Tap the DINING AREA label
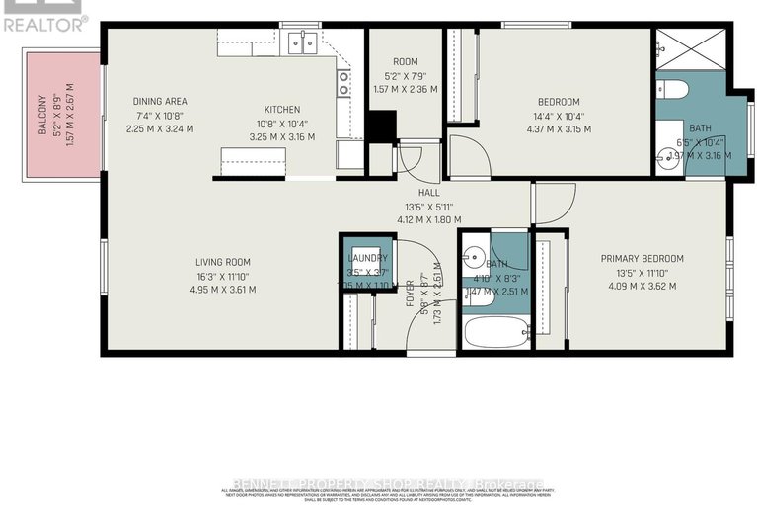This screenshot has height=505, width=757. tap(160, 101)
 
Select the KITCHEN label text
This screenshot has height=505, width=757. tap(281, 110)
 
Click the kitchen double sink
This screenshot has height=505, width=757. tap(302, 42)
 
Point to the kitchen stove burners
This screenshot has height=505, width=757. tap(343, 83)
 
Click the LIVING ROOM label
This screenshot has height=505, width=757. tap(224, 261)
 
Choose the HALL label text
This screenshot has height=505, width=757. tap(428, 192)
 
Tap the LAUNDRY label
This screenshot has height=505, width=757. tap(366, 258)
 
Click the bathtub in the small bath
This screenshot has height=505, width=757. tap(496, 330)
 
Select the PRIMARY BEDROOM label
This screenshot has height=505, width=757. tap(642, 259)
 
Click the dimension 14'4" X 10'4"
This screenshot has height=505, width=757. tap(558, 116)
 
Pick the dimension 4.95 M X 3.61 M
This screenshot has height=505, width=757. tap(225, 290)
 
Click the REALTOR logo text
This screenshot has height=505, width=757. tap(45, 21)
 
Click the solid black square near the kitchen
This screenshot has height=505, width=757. tap(382, 127)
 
